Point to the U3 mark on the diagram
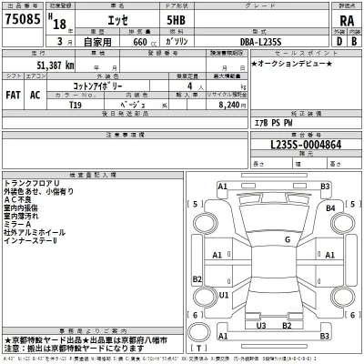click(x=259, y=325)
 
